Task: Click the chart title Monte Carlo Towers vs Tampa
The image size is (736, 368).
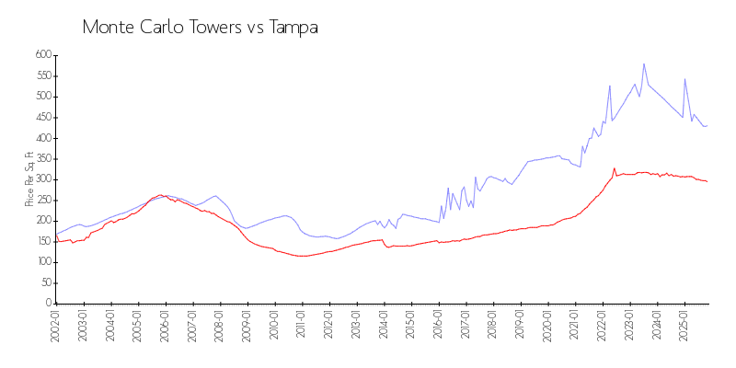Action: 201,27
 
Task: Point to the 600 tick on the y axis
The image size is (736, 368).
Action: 41,55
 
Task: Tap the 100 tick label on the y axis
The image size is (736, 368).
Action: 41,262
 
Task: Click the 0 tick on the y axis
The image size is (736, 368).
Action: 48,304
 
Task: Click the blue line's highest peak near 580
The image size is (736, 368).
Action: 644,63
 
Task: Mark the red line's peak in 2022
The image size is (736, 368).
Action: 614,168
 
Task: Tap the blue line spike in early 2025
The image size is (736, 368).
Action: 684,79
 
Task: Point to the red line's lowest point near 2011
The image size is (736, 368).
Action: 300,256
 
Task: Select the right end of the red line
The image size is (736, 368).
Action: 707,181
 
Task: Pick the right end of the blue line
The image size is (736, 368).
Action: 707,125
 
